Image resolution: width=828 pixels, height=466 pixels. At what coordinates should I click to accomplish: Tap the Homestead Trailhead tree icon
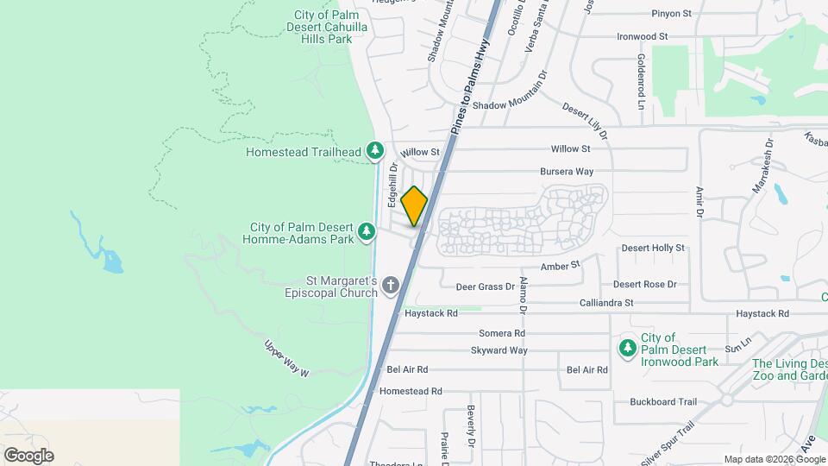point(375,152)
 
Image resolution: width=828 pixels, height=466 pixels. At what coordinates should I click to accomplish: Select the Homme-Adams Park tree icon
point(367,231)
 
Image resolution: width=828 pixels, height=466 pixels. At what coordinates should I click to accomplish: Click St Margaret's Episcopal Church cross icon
point(391,285)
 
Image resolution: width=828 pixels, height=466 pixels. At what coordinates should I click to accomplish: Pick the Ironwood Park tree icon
point(628,348)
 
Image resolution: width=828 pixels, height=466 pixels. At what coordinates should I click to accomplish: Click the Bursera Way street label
point(567,172)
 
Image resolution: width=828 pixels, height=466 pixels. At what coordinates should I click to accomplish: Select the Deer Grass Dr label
point(485,286)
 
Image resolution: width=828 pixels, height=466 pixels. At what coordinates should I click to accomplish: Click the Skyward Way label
point(499,350)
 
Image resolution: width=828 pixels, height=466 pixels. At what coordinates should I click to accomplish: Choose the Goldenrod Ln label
point(641,82)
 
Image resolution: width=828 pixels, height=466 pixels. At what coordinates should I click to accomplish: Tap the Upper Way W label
point(286,357)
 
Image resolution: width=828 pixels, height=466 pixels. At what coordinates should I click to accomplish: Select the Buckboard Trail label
point(662,401)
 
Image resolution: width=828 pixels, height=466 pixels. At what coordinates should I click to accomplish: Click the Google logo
point(28,455)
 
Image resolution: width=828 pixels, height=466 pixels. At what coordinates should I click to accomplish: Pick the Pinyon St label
point(673,14)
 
